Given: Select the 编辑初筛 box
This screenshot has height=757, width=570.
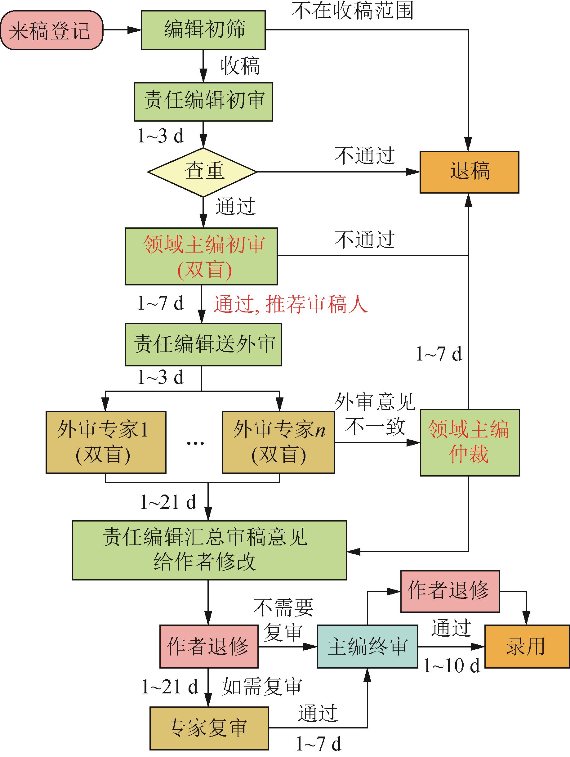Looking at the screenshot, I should tap(203, 30).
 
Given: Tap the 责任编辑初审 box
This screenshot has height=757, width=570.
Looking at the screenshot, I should tap(203, 102).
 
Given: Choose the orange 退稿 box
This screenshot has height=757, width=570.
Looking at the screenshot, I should tap(469, 172).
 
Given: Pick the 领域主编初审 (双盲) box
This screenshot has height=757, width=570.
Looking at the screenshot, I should tap(201, 256).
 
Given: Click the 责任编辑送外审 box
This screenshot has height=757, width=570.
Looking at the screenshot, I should tap(203, 344).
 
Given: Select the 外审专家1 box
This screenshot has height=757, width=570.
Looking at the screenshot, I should tap(106, 442).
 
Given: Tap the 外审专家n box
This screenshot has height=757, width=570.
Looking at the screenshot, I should tap(278, 442).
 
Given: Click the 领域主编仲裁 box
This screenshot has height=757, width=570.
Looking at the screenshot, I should tap(470, 442).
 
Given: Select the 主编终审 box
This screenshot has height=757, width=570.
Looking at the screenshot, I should tap(367, 647).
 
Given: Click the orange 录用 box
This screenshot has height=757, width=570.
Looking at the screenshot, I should tap(527, 647).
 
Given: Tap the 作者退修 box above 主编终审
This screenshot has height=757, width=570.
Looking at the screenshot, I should tap(450, 591).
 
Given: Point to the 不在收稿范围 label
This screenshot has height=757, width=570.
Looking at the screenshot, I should tap(353, 11).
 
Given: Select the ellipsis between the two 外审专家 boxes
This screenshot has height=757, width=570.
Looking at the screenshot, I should tap(195, 443).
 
